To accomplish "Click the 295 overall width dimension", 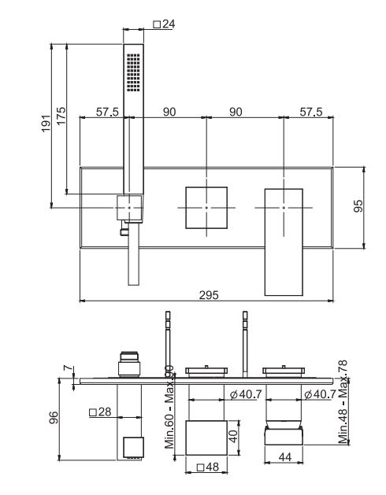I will (x=208, y=294).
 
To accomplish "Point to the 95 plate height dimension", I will (x=358, y=207).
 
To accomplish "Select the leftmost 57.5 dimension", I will (x=108, y=113).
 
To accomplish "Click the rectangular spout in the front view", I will (x=283, y=240).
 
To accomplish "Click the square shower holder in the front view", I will (x=130, y=207).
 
